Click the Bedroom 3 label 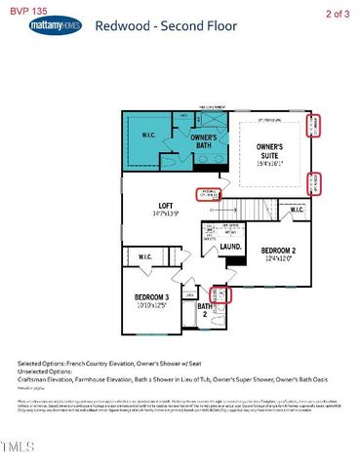(x=151, y=298)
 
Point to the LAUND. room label (x=230, y=248)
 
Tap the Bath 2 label (x=205, y=312)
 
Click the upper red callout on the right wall (x=313, y=126)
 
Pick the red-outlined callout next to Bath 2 (x=221, y=294)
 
